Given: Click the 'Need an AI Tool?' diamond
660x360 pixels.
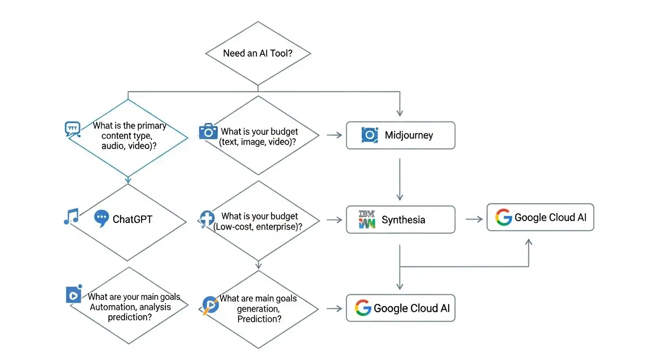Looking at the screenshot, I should point(258,53).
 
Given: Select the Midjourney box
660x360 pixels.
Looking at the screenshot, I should point(400,135).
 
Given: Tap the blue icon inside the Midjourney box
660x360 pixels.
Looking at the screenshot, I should point(369,135).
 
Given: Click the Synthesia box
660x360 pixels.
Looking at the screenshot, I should point(400,219).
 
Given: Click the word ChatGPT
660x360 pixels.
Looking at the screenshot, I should point(132,219).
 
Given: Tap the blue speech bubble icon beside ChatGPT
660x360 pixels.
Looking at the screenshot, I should point(101,218).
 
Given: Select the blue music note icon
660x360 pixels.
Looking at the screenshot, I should point(71,217).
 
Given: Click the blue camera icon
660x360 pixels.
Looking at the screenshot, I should point(208,131).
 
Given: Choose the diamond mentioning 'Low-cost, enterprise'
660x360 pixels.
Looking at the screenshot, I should point(258,221).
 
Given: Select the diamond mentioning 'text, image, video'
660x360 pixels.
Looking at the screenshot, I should point(258,136).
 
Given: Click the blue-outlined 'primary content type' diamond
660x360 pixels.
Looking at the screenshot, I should point(128,137).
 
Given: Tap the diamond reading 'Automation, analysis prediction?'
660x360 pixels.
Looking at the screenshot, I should point(129,307).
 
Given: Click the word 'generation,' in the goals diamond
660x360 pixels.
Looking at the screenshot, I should point(258,309).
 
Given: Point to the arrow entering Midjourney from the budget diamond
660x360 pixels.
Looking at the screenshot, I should point(334,135).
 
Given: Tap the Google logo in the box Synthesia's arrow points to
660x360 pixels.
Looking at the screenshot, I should point(503,217).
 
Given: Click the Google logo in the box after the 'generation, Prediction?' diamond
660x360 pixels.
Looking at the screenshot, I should point(362,308).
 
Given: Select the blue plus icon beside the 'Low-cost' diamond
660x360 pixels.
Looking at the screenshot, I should point(207,218).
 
